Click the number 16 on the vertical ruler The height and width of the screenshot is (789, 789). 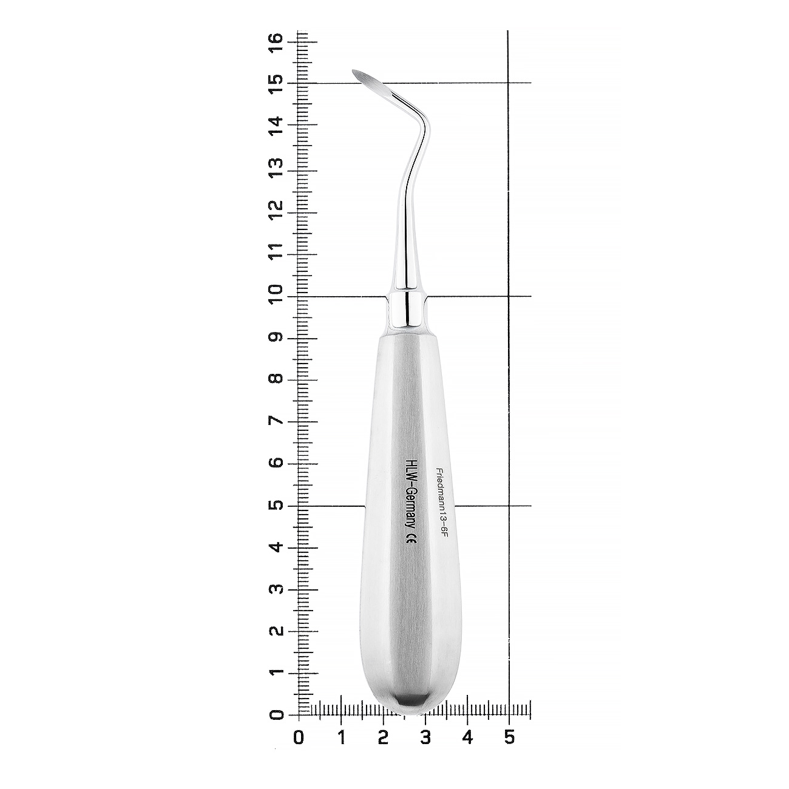click(276, 41)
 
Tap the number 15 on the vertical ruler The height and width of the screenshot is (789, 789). click(276, 83)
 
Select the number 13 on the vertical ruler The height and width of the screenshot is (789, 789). click(276, 167)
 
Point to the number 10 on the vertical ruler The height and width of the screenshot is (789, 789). click(276, 293)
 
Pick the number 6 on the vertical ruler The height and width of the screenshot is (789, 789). click(276, 462)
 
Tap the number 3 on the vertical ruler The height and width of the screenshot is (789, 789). click(276, 589)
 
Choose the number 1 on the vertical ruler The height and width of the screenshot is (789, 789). click(276, 672)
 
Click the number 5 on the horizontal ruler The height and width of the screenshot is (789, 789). click(509, 737)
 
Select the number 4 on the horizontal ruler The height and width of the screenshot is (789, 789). click(467, 737)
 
